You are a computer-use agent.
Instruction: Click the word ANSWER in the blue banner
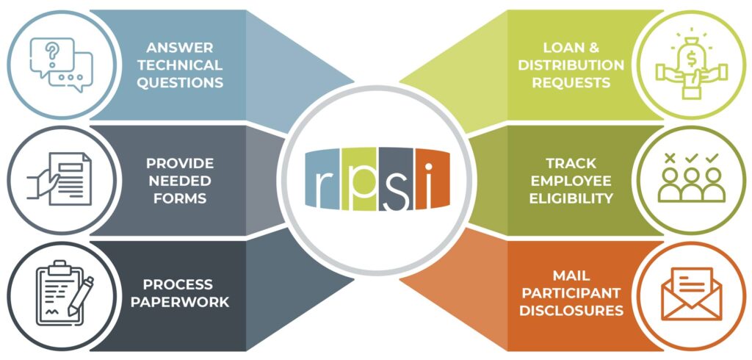click(180, 48)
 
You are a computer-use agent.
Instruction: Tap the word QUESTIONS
click(180, 82)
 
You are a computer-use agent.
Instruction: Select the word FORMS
click(180, 198)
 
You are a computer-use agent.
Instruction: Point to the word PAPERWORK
click(180, 303)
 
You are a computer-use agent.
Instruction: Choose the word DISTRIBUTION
click(571, 65)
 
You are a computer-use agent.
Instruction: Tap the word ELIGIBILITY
click(571, 198)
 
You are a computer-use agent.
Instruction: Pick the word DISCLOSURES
click(571, 311)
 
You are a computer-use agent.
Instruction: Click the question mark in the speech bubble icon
click(52, 50)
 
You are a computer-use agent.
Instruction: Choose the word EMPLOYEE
click(571, 181)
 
